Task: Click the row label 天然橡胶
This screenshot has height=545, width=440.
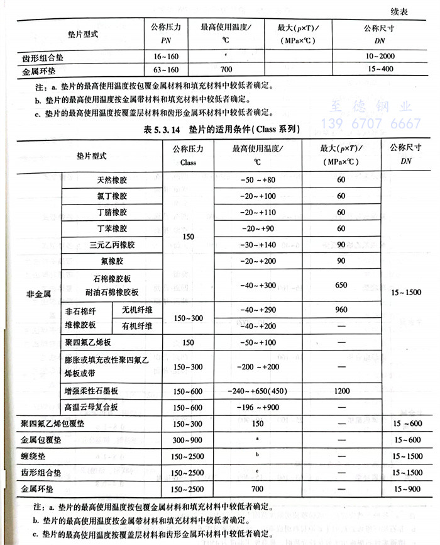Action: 112,179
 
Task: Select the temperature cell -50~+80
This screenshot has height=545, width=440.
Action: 258,179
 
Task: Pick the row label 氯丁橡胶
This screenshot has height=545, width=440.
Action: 112,196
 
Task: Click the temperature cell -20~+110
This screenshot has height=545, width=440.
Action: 258,212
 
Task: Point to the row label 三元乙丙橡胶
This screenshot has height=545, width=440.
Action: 112,245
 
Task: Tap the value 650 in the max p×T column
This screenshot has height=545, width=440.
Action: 341,285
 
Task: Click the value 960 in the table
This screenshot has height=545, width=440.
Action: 341,310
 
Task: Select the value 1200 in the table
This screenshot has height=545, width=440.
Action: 341,391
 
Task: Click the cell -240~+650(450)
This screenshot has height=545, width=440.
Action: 258,391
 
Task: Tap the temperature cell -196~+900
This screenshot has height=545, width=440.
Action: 258,407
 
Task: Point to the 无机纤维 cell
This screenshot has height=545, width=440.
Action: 136,310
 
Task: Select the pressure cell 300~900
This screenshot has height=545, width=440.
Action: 188,440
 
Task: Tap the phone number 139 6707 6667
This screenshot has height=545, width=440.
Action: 371,123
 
